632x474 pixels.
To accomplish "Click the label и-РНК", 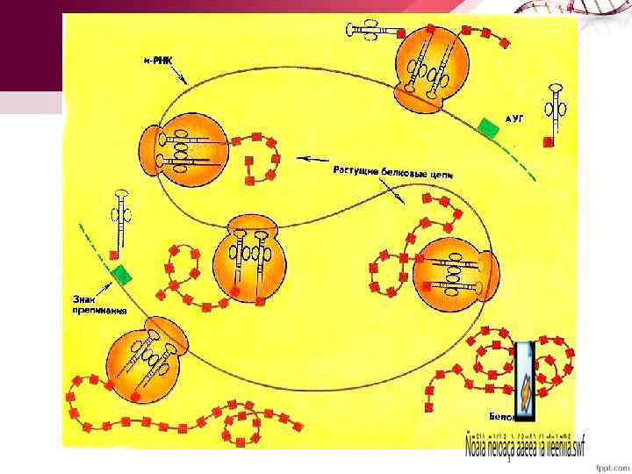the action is point(159,60).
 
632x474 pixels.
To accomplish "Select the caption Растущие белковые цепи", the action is point(392,173).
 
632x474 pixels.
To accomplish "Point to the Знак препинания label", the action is point(97,304).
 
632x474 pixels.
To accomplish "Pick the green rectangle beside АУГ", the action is point(488,128).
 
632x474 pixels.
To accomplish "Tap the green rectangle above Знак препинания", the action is point(122,274).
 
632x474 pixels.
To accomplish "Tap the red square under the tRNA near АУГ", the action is point(549,140).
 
